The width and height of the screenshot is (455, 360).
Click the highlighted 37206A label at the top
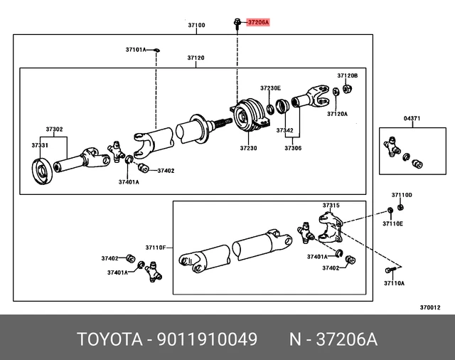pos(258,23)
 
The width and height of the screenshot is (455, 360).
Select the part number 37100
pos(196,25)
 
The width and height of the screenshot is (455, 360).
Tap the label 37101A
pos(136,50)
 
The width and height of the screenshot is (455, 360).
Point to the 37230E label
pos(270,88)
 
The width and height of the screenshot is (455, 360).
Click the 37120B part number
pos(348,75)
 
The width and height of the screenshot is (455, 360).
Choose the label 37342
pos(284,131)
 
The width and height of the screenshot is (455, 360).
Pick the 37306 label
pos(294,148)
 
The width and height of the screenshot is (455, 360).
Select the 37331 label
pos(40,145)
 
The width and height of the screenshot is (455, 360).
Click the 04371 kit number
pos(412,119)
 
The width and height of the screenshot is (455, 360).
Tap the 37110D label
pos(402,195)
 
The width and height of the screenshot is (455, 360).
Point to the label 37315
pos(331,206)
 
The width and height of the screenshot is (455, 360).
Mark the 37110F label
pos(156,248)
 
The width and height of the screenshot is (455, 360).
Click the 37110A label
pos(394,283)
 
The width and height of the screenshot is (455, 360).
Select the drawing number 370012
pos(430,307)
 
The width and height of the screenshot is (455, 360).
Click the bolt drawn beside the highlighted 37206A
pos(235,23)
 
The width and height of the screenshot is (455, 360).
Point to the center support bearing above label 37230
pos(248,115)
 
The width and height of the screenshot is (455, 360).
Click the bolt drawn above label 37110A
pos(390,270)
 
